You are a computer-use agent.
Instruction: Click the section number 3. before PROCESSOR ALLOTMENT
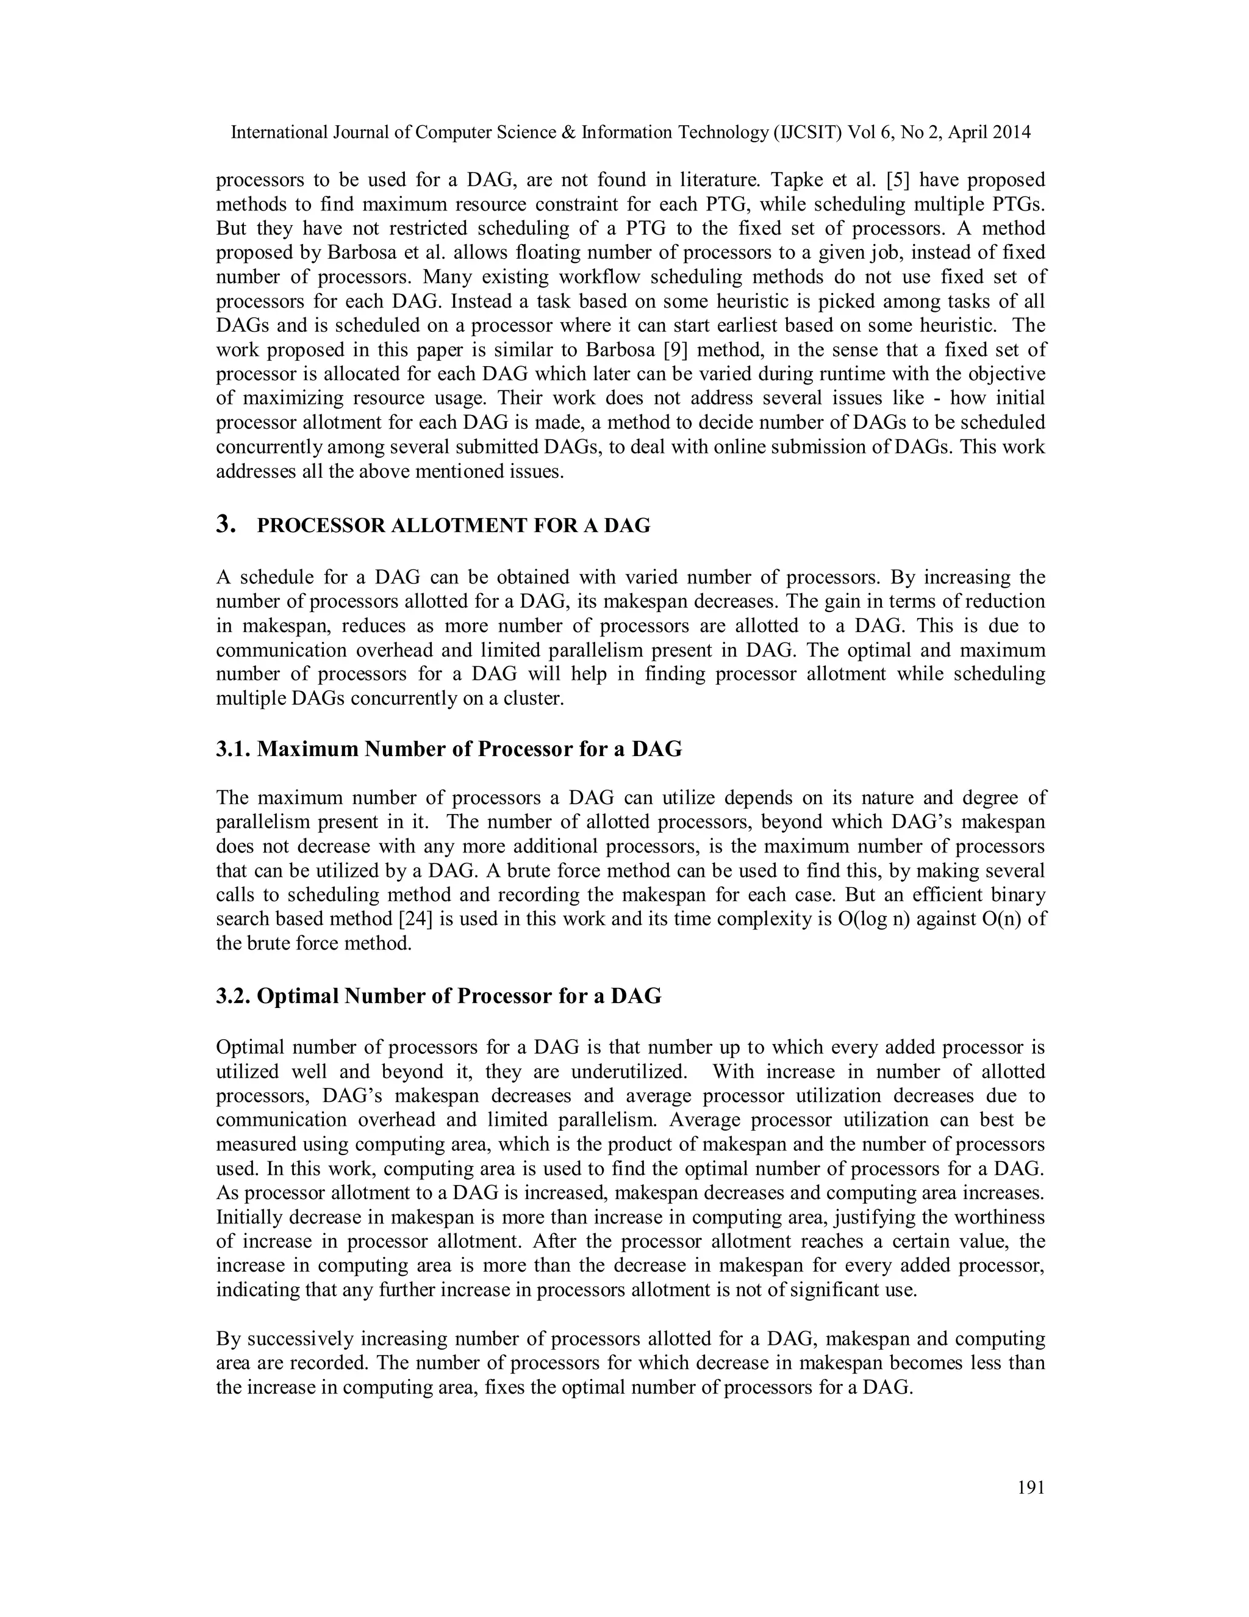pyautogui.click(x=226, y=525)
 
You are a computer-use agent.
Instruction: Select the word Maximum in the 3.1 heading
pyautogui.click(x=307, y=749)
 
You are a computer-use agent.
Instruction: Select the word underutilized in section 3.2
pyautogui.click(x=634, y=1071)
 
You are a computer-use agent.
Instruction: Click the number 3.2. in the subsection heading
pyautogui.click(x=233, y=996)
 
